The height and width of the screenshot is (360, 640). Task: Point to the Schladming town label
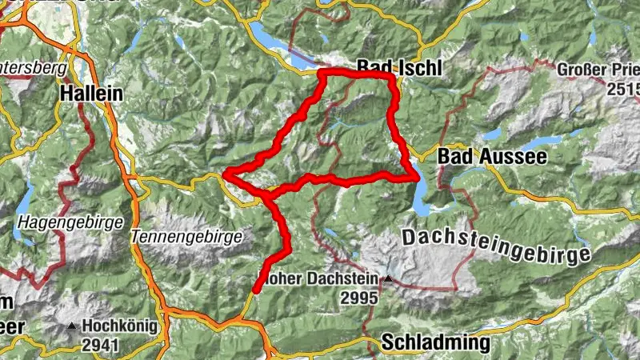click(x=436, y=343)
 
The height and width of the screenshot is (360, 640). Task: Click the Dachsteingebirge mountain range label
click(x=496, y=246)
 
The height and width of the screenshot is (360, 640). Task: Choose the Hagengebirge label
click(x=70, y=221)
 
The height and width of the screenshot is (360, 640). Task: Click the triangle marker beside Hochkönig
click(x=73, y=326)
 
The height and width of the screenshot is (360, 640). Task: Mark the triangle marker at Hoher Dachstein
click(x=388, y=279)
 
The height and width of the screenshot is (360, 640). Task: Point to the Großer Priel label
click(x=596, y=69)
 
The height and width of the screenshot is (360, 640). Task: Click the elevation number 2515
click(x=622, y=86)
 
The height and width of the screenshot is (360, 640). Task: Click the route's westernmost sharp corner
click(x=226, y=173)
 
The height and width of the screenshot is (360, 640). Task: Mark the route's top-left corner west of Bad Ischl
click(x=321, y=74)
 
